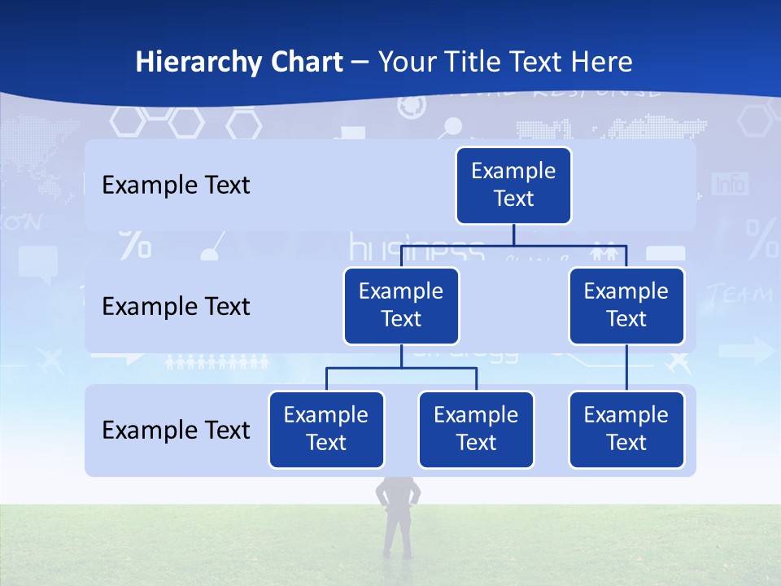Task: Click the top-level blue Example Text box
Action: (x=513, y=186)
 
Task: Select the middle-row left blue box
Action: (x=401, y=305)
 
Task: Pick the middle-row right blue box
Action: (x=626, y=305)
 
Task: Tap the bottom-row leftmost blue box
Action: (x=326, y=429)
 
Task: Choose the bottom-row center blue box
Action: (x=476, y=429)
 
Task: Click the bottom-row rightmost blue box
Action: (x=626, y=429)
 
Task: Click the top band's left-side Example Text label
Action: (x=176, y=186)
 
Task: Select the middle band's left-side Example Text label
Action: (x=176, y=307)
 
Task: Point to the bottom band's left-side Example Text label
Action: (x=176, y=430)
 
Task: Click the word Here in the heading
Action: (x=602, y=62)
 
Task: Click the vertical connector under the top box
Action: (x=513, y=234)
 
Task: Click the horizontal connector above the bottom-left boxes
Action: (x=401, y=368)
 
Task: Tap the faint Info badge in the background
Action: (x=730, y=185)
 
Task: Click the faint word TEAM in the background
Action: (x=740, y=295)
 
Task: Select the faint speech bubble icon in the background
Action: (x=37, y=263)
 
